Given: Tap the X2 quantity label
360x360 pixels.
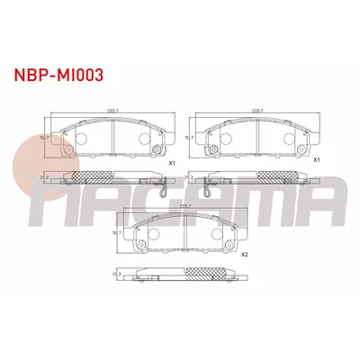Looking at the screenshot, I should tap(244, 255).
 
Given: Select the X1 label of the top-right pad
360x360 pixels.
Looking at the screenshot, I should tap(315, 159).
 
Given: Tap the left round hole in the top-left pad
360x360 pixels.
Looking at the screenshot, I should tap(77, 140).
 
